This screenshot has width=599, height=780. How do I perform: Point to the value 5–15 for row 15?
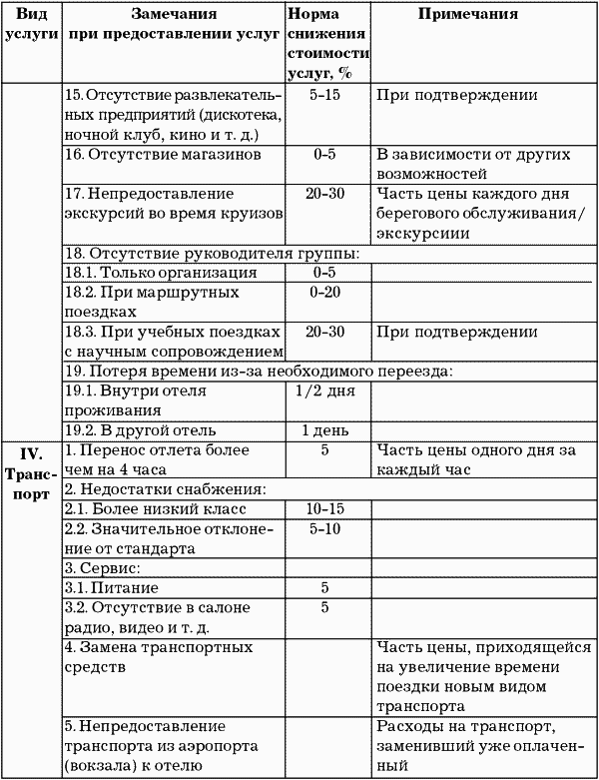point(325,96)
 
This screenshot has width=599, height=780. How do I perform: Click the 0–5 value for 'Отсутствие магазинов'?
point(325,156)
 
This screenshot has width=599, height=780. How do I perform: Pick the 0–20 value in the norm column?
point(325,293)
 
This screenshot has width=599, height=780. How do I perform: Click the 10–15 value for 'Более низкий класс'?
point(325,509)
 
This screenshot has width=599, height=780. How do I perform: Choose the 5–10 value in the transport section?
point(325,529)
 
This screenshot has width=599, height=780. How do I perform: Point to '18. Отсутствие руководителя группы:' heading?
point(211,252)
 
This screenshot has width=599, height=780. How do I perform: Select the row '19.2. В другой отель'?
point(139,430)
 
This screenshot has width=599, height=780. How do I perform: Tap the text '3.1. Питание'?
point(111,588)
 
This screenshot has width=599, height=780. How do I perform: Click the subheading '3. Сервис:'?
point(101,568)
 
